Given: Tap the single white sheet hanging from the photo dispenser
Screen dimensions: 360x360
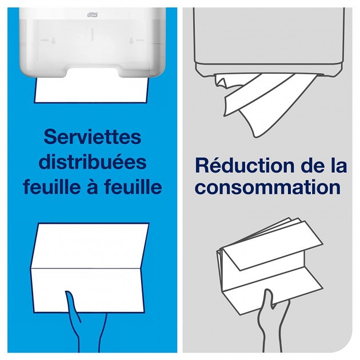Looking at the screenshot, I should (91, 90).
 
